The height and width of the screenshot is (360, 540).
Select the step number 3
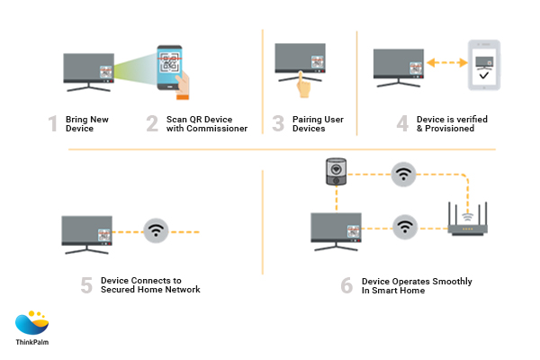[279, 123]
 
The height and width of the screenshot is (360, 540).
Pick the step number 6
[346, 285]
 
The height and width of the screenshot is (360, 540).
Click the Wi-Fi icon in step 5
[157, 229]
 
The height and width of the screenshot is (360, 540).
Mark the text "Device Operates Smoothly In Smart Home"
[416, 285]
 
